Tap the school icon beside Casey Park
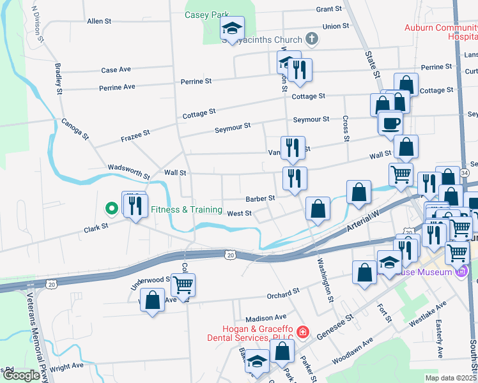pyautogui.click(x=232, y=28)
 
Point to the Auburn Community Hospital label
pyautogui.click(x=441, y=33)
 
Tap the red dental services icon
pyautogui.click(x=302, y=333)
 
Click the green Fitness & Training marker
pyautogui.click(x=111, y=209)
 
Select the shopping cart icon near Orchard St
pyautogui.click(x=183, y=284)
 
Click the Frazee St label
pyautogui.click(x=135, y=135)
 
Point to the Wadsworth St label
pyautogui.click(x=128, y=170)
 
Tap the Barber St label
pyautogui.click(x=260, y=198)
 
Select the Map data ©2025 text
pyautogui.click(x=451, y=378)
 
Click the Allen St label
pyautogui.click(x=99, y=21)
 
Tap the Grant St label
pyautogui.click(x=328, y=10)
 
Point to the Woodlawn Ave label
pyautogui.click(x=352, y=352)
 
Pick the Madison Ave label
pyautogui.click(x=266, y=317)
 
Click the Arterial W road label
pyautogui.click(x=361, y=223)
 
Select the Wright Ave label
pyautogui.click(x=66, y=366)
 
